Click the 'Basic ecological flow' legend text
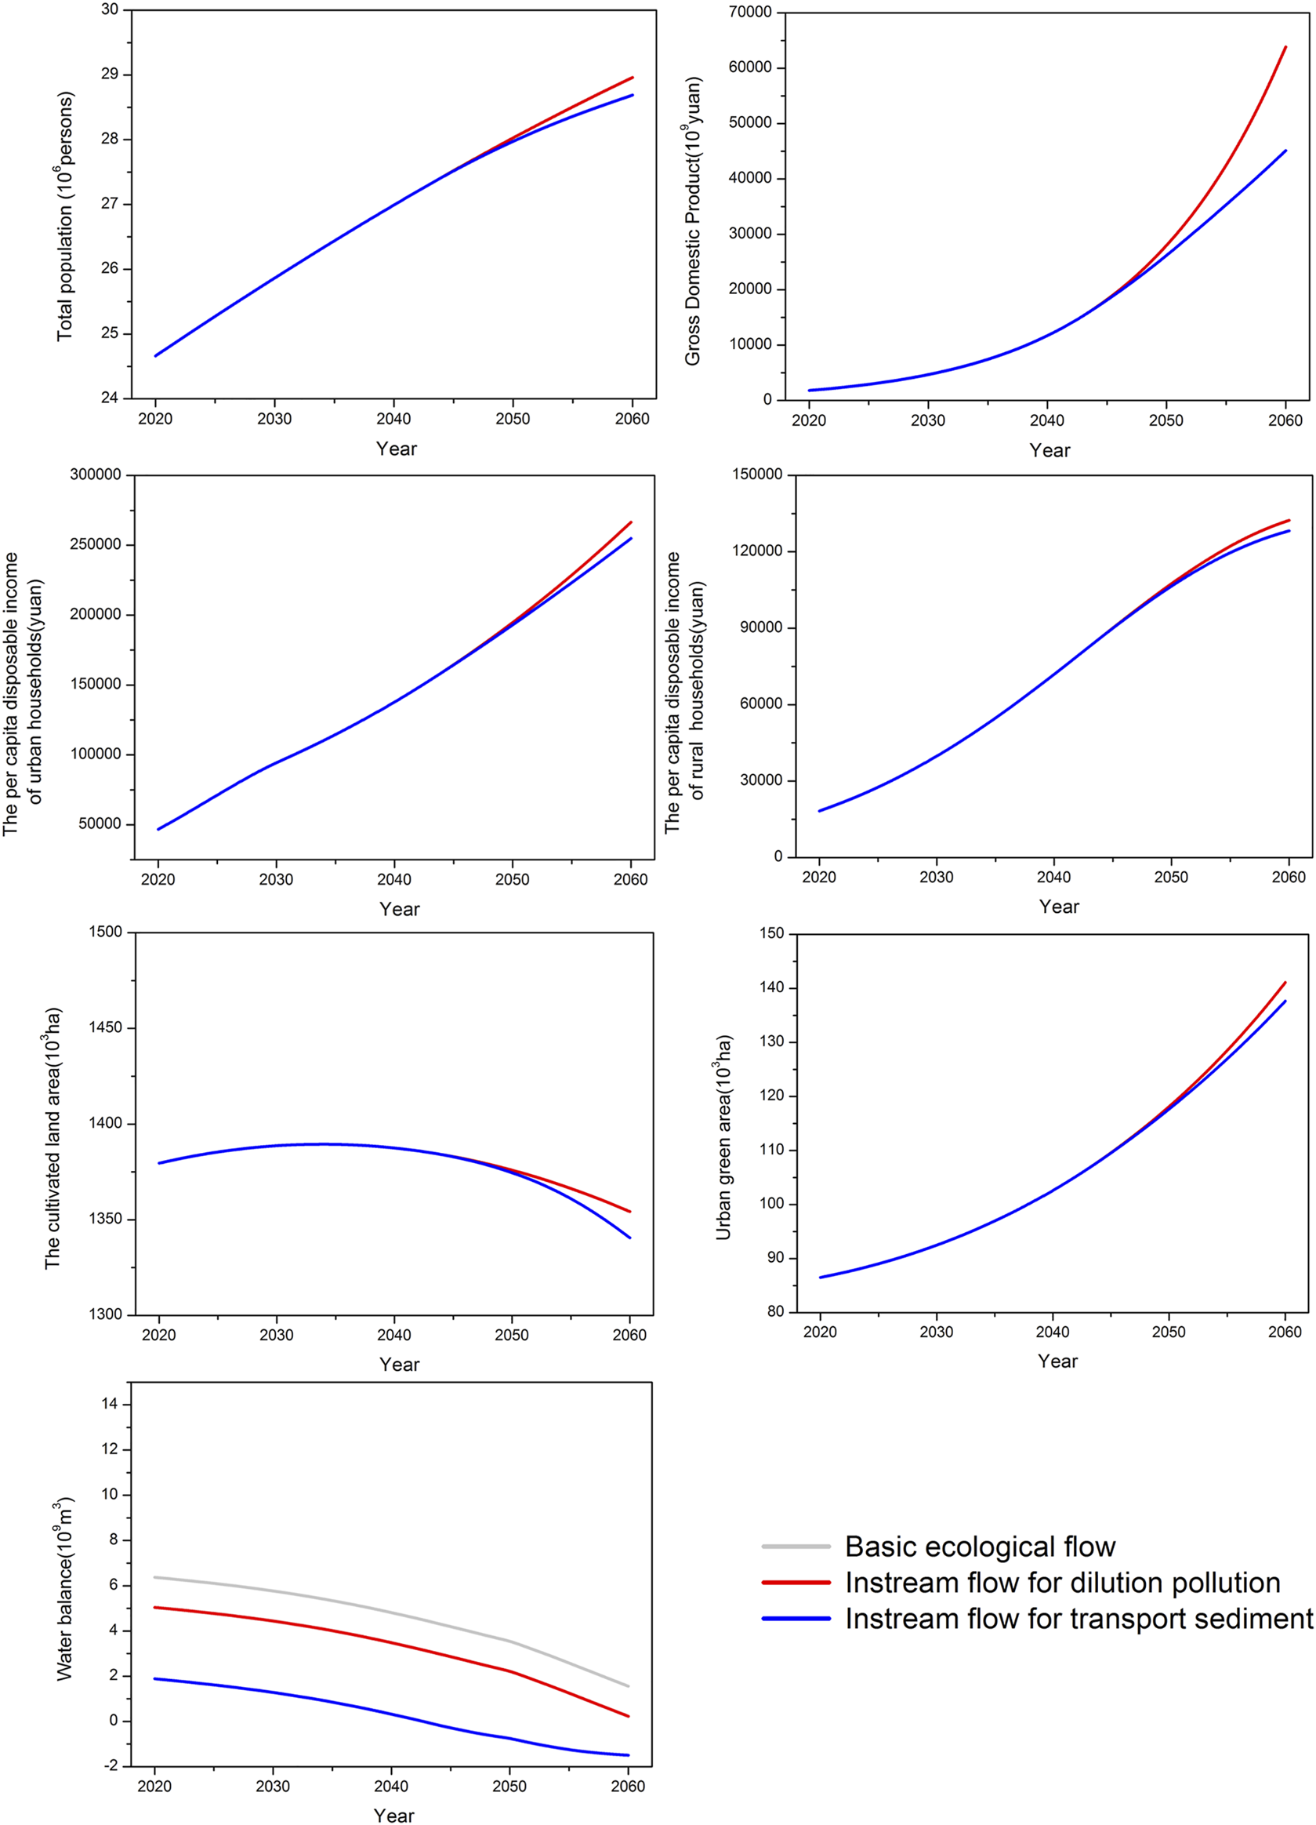click(980, 1547)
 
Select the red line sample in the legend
click(796, 1583)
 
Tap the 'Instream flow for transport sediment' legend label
click(1079, 1618)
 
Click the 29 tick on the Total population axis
click(110, 74)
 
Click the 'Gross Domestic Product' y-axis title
click(693, 221)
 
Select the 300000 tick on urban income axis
click(96, 474)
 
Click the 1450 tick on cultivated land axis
click(105, 1027)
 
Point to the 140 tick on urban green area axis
click(771, 987)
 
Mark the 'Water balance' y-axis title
click(65, 1588)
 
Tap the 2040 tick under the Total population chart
click(393, 419)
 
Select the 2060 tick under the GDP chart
click(1285, 420)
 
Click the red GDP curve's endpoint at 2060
click(1285, 48)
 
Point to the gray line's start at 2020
click(154, 1577)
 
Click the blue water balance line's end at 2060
click(628, 1755)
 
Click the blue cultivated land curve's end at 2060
click(629, 1238)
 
